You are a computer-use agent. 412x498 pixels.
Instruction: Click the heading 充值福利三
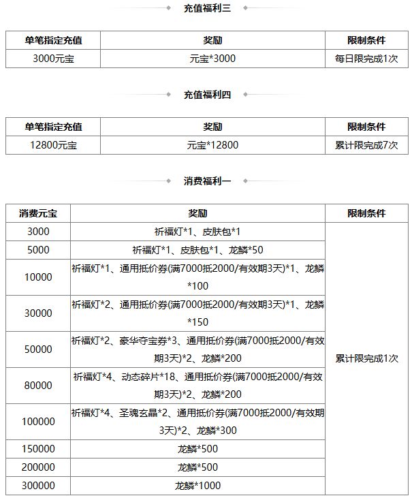click(207, 8)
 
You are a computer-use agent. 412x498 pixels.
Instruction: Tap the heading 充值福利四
click(207, 95)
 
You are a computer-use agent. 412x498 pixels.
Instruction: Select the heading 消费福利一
click(207, 181)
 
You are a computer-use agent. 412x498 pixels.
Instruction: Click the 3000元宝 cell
click(53, 59)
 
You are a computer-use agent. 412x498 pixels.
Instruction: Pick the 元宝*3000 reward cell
click(212, 59)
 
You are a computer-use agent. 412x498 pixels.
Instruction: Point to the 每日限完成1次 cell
click(366, 59)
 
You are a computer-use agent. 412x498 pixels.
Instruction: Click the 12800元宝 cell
click(53, 145)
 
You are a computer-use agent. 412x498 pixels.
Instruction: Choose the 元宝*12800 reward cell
click(212, 145)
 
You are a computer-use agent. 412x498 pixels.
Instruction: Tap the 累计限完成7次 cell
click(366, 145)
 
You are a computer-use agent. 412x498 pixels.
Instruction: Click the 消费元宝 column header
click(38, 213)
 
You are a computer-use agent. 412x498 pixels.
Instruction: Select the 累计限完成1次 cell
click(366, 358)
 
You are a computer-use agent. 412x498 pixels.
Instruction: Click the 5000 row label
click(38, 249)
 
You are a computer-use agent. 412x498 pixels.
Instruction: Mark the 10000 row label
click(38, 277)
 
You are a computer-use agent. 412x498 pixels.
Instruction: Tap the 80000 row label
click(38, 386)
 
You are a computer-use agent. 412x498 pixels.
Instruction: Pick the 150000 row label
click(38, 450)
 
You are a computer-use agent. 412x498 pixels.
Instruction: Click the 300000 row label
click(38, 486)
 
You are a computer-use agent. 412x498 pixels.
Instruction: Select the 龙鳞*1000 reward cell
click(197, 486)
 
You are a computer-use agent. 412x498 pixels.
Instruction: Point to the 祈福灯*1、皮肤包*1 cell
click(197, 232)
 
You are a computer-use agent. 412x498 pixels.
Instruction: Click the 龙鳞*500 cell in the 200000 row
click(197, 467)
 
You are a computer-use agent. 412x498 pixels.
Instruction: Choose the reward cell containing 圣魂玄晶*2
click(197, 422)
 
